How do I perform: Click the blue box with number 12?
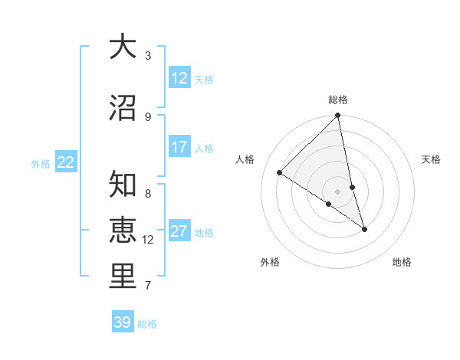(x=179, y=78)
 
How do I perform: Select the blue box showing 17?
(x=179, y=147)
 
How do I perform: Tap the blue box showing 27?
(x=179, y=231)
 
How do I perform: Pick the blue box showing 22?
(x=66, y=162)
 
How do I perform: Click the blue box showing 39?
(x=123, y=322)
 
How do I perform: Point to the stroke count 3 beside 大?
(x=148, y=56)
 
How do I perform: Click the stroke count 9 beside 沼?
(x=148, y=116)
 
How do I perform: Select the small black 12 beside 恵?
(x=149, y=240)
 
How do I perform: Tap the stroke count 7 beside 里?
(x=148, y=286)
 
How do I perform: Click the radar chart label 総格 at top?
(x=338, y=100)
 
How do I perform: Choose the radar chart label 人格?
(x=245, y=159)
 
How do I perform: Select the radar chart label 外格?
(x=270, y=262)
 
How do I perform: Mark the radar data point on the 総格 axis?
(x=338, y=116)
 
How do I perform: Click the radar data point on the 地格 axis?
(x=364, y=229)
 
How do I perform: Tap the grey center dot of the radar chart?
(x=338, y=191)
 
